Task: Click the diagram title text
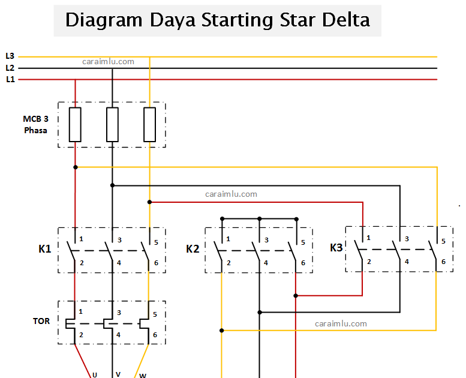[x=217, y=20]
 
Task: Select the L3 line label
[x=10, y=56]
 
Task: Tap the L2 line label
[x=10, y=68]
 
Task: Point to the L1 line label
[x=10, y=79]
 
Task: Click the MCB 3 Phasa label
[x=36, y=124]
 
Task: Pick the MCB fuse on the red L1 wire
[x=75, y=124]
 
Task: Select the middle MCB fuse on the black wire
[x=112, y=124]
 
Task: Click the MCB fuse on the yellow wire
[x=149, y=124]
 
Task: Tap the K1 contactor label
[x=45, y=249]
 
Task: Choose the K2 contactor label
[x=193, y=249]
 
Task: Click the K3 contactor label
[x=337, y=247]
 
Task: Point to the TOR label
[x=41, y=321]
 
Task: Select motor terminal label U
[x=95, y=374]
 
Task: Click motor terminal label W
[x=142, y=376]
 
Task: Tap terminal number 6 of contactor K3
[x=443, y=261]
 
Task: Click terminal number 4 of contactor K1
[x=119, y=263]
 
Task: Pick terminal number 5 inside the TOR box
[x=155, y=313]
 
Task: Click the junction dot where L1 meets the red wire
[x=75, y=80]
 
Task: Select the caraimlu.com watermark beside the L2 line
[x=109, y=61]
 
